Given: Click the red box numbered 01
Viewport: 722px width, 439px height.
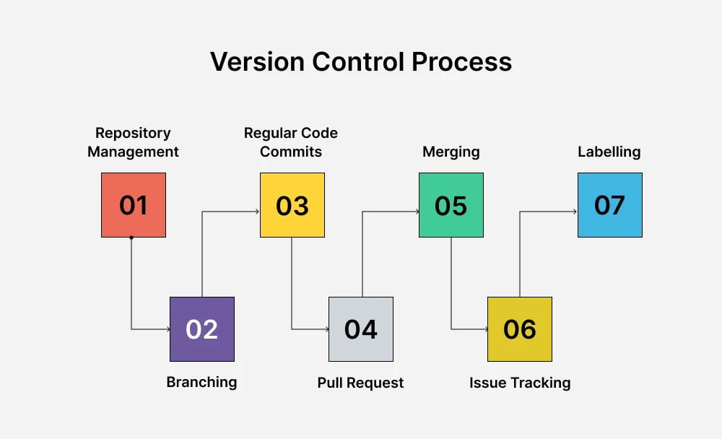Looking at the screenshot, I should [x=134, y=205].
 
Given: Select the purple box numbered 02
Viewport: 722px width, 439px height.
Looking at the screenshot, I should [x=202, y=329].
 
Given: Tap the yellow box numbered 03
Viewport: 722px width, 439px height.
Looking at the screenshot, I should [x=292, y=205].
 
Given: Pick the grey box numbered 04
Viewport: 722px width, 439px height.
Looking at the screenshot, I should [x=361, y=329].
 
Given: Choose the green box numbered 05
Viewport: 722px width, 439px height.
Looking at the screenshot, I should [x=451, y=205].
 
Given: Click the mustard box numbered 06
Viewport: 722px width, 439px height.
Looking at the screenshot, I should [x=520, y=329].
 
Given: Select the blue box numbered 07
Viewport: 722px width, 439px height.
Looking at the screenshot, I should [x=610, y=205].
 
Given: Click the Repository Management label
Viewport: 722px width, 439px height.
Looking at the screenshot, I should [x=133, y=142].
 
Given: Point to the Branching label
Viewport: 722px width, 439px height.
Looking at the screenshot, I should [x=201, y=382].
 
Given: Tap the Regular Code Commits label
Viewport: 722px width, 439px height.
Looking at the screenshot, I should [x=291, y=142].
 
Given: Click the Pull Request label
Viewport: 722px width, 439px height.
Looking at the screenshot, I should [x=360, y=383].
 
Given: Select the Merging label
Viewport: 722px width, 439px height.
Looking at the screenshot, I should [x=451, y=152].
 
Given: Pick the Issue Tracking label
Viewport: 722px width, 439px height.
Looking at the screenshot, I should [x=520, y=383].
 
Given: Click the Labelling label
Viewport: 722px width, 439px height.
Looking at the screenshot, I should [x=609, y=152].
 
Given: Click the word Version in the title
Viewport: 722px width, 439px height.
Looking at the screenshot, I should [x=256, y=61].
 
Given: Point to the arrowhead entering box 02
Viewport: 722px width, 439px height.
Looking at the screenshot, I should [x=167, y=329].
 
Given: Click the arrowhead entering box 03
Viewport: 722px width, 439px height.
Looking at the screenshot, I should [x=257, y=212].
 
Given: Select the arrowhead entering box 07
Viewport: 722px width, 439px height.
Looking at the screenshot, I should [x=575, y=212].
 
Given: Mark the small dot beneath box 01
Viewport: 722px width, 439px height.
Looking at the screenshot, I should [x=131, y=238].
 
